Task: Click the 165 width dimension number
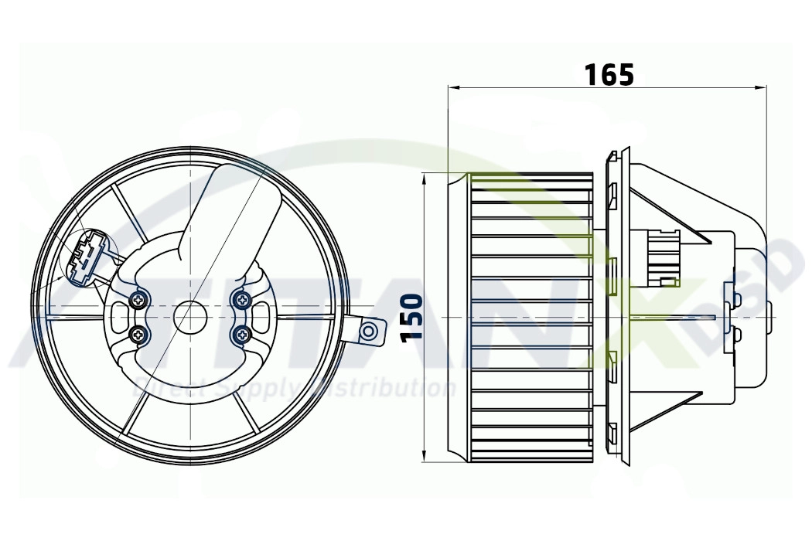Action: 609,74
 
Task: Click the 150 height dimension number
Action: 412,317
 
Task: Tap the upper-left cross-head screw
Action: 139,299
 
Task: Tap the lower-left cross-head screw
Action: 139,334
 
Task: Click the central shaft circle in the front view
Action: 190,316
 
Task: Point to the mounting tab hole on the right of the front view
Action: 370,332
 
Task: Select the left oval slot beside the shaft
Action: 120,316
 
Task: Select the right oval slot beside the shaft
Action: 261,316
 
